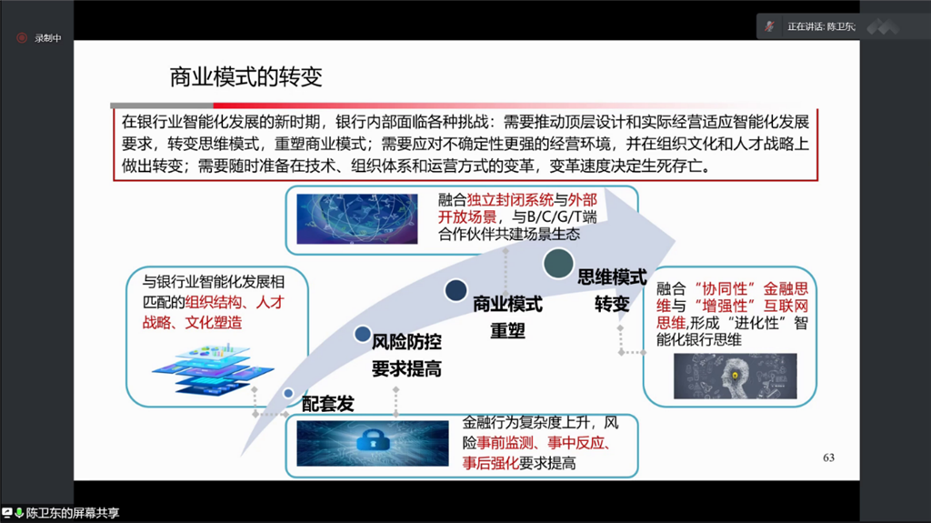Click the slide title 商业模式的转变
[245, 77]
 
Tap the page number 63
[828, 458]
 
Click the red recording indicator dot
[22, 38]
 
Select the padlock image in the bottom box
[372, 443]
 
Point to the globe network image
[356, 218]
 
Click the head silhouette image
[735, 377]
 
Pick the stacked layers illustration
[213, 369]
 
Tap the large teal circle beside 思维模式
[558, 263]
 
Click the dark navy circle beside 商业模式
[455, 290]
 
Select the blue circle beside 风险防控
[362, 334]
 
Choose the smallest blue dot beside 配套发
[288, 394]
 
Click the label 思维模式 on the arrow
[612, 277]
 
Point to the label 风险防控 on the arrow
[406, 342]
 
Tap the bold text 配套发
[327, 404]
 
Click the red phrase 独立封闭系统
[510, 200]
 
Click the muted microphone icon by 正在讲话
[770, 26]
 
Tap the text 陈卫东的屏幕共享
[73, 513]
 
